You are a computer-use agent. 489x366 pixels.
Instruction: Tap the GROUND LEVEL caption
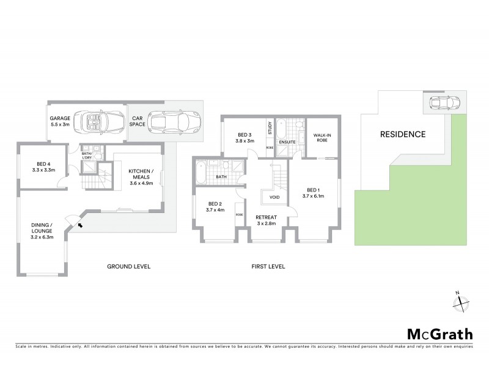(x=128, y=267)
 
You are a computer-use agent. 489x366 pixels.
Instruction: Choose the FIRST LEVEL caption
(x=268, y=267)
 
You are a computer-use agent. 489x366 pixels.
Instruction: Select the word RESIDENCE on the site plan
(x=403, y=134)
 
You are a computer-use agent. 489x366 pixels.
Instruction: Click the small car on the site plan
(x=441, y=103)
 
